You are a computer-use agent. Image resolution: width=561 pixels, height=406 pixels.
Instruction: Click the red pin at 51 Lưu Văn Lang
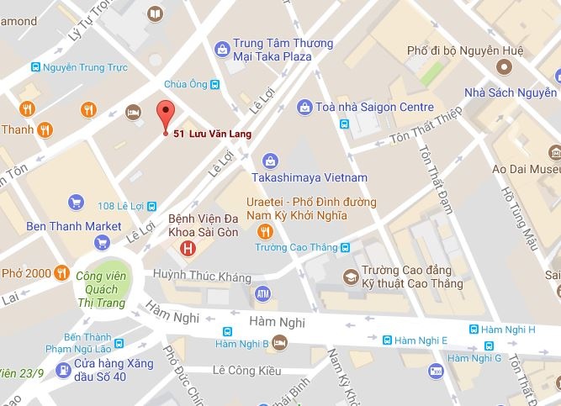[165, 114]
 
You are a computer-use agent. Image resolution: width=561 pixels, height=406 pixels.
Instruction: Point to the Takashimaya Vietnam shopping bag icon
[271, 161]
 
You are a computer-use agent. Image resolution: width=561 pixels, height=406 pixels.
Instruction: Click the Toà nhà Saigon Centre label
[375, 107]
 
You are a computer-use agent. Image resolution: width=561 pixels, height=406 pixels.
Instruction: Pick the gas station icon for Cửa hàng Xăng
[62, 369]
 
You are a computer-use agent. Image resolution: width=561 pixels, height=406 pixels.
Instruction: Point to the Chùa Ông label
[186, 83]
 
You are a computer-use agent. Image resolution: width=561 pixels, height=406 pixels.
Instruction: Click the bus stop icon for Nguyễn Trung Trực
[35, 66]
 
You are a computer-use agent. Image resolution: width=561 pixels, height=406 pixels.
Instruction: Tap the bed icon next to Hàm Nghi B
[279, 342]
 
